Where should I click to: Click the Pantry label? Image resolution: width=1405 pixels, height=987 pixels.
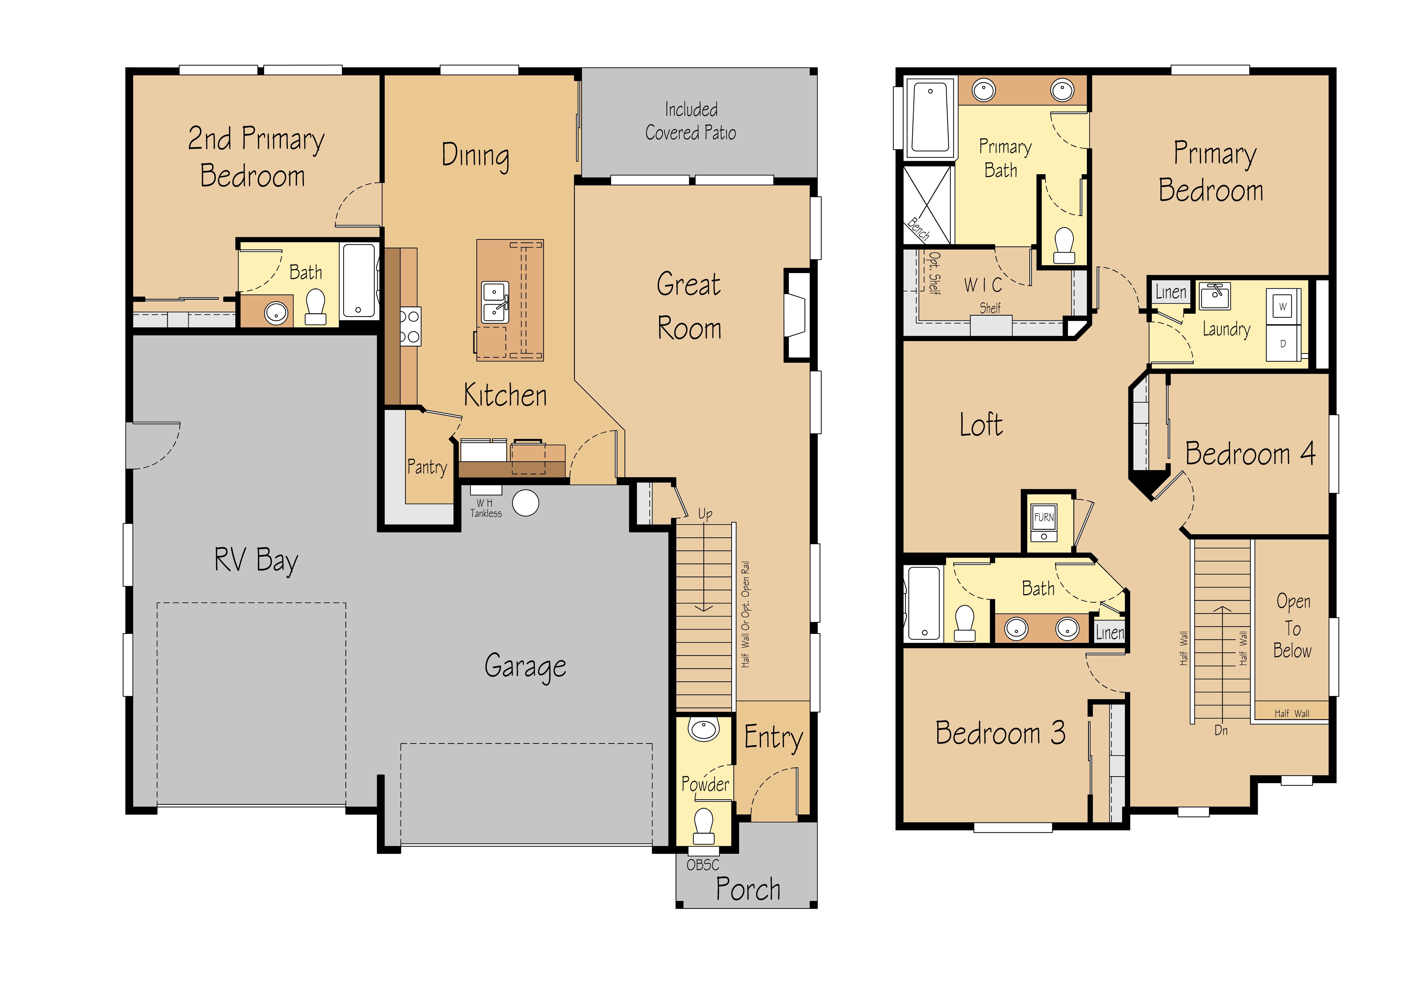427,467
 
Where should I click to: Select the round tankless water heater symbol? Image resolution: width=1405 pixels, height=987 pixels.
526,503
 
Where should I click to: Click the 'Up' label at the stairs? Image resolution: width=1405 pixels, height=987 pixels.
705,513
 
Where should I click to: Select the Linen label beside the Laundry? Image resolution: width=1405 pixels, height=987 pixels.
1171,292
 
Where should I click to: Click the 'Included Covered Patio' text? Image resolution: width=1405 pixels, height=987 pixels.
691,121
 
